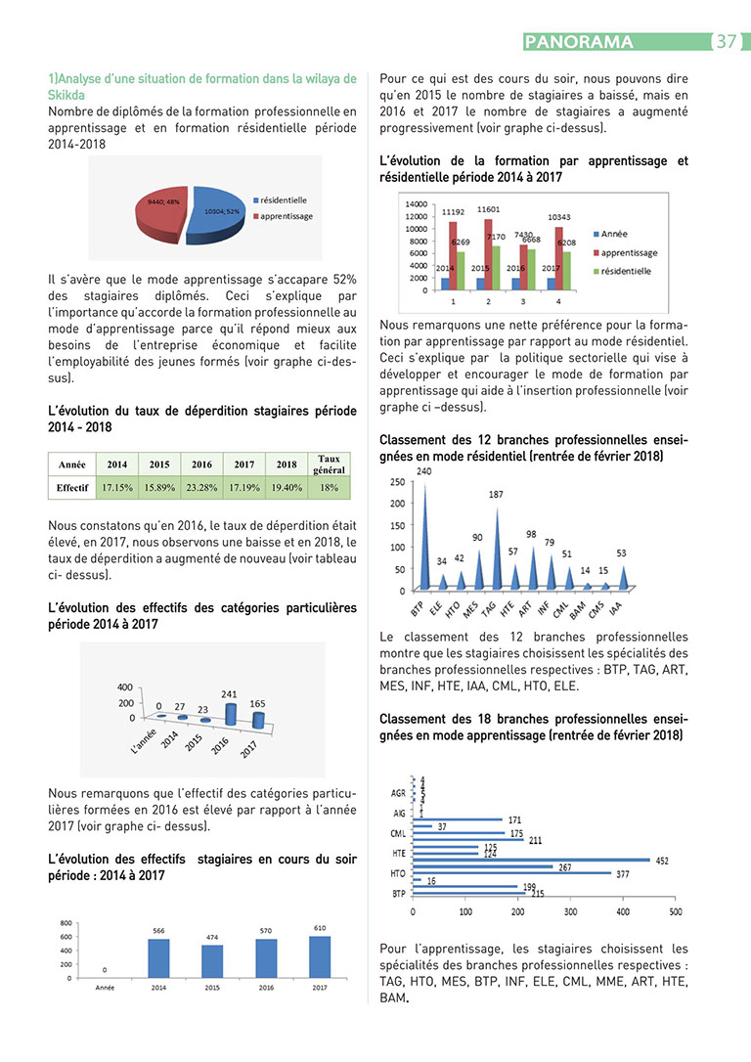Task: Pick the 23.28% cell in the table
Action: tap(201, 486)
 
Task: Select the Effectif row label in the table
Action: tap(72, 486)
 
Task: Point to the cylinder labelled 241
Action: tap(230, 714)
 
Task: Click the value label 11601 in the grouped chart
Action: tap(489, 209)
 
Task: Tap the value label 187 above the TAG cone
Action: tap(496, 495)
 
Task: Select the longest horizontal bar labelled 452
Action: tap(531, 860)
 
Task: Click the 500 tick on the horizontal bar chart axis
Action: tap(675, 912)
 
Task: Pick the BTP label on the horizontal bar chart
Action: tap(399, 893)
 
